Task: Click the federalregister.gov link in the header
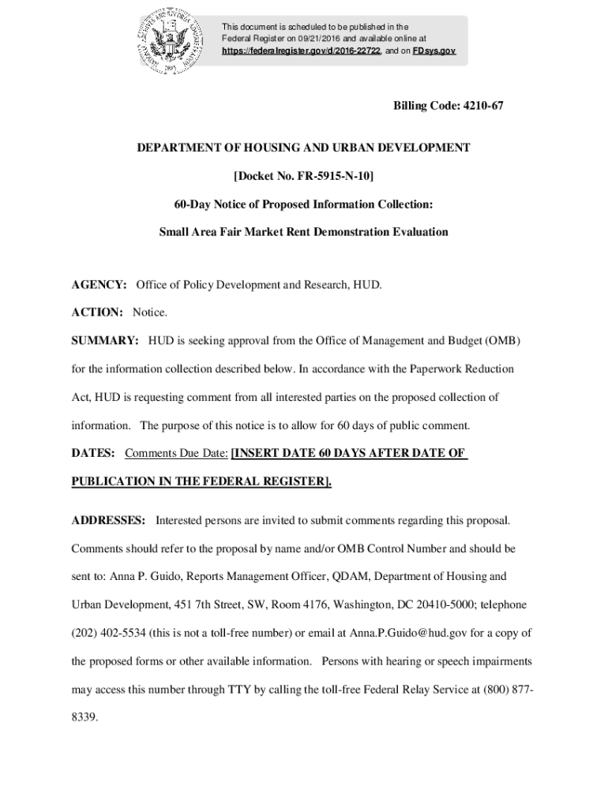[302, 50]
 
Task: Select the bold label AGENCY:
[99, 284]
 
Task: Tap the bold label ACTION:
[97, 312]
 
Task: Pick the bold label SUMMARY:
[105, 341]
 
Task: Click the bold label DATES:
[93, 454]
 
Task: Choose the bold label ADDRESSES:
[108, 521]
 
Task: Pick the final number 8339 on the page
[84, 718]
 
